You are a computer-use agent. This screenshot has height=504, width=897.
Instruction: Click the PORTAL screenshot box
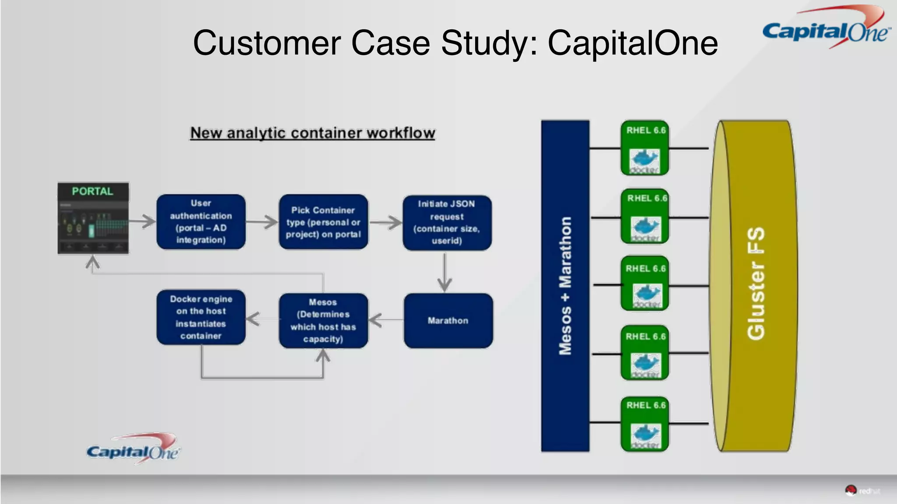[x=93, y=218]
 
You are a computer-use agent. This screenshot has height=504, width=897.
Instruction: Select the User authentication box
[x=201, y=222]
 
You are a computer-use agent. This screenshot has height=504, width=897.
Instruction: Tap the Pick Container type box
[x=323, y=222]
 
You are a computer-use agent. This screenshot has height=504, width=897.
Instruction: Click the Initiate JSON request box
[x=447, y=223]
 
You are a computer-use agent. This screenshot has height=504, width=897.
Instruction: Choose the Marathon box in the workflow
[x=448, y=321]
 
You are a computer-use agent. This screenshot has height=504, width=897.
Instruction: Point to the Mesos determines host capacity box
[x=323, y=321]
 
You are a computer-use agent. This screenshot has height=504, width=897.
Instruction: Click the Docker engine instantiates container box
[x=201, y=317]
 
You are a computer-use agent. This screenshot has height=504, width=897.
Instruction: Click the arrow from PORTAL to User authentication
[x=142, y=221]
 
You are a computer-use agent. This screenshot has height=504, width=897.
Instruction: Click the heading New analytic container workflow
[x=312, y=133]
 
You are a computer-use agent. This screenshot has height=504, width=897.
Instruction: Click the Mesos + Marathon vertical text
[x=565, y=286]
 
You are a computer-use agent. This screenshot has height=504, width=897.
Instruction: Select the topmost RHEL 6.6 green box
[x=645, y=148]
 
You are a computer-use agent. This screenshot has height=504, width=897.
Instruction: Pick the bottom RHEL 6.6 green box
[x=645, y=423]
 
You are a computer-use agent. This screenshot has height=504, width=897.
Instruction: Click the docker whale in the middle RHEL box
[x=646, y=293]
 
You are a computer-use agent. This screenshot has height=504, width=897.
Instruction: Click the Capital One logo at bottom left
[x=133, y=450]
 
